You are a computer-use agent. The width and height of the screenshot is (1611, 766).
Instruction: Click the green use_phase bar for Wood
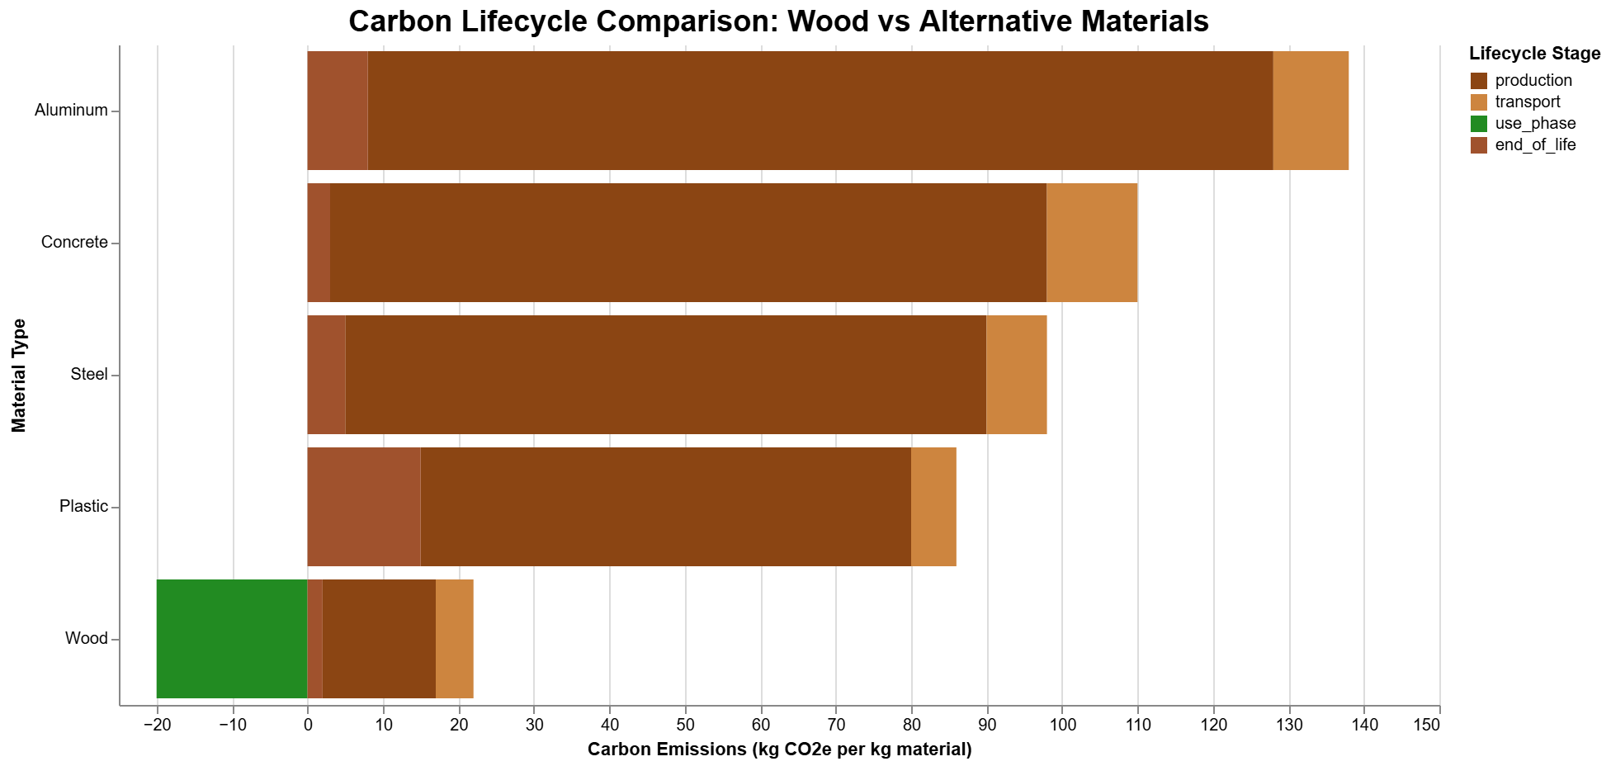point(232,639)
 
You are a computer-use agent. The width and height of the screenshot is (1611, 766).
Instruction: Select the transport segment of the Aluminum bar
point(1311,111)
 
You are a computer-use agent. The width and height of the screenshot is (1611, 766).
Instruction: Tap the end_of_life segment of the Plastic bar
point(364,507)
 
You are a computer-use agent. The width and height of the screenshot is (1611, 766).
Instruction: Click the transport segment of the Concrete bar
point(1092,243)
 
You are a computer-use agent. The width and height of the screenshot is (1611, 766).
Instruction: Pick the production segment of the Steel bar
point(665,375)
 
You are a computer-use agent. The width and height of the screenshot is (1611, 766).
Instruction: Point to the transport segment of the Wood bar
point(455,639)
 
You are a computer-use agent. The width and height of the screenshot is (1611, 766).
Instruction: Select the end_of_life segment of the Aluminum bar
point(338,111)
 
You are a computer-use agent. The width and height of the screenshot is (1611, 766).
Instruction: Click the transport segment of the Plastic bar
point(933,507)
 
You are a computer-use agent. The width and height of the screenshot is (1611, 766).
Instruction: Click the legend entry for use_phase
point(1534,124)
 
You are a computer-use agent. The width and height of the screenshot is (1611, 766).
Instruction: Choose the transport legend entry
point(1527,102)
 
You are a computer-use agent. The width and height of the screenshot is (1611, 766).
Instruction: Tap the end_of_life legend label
point(1534,145)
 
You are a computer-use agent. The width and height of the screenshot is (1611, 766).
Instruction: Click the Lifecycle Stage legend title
point(1534,54)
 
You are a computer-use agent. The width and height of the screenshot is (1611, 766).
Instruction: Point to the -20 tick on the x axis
point(156,725)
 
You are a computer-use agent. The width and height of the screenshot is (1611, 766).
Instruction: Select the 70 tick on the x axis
point(836,725)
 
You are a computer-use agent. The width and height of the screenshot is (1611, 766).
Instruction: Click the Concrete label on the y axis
point(74,243)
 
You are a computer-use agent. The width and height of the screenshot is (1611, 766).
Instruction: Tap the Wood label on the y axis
point(86,639)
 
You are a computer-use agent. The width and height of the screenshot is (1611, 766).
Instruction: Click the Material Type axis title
point(19,376)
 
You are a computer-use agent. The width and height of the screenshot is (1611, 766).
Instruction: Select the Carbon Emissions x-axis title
point(779,749)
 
